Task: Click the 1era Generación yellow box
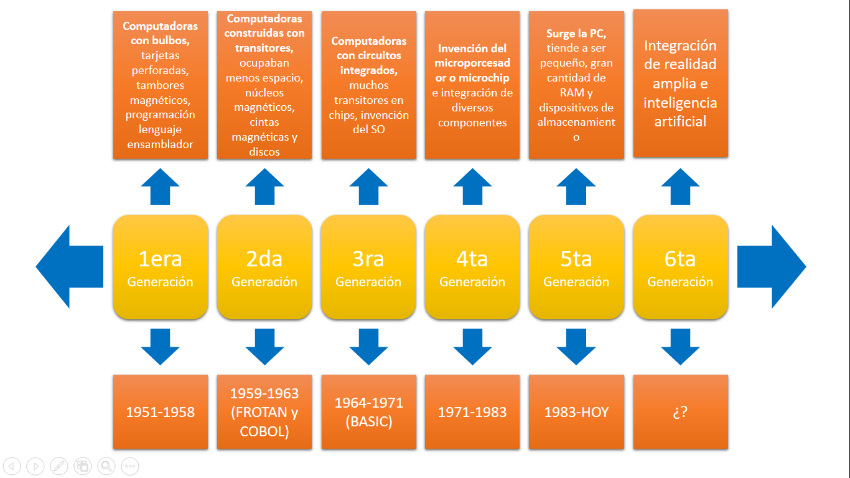161,267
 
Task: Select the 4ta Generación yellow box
472,267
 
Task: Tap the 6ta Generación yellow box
680,267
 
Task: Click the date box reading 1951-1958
161,412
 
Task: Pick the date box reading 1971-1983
472,412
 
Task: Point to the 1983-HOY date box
576,412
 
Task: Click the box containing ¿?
680,412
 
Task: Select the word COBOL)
264,431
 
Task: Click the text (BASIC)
368,421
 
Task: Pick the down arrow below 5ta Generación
576,347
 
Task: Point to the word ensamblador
161,144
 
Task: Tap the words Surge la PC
576,34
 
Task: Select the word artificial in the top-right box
680,121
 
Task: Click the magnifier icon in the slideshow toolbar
106,466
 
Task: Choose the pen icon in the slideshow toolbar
58,466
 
